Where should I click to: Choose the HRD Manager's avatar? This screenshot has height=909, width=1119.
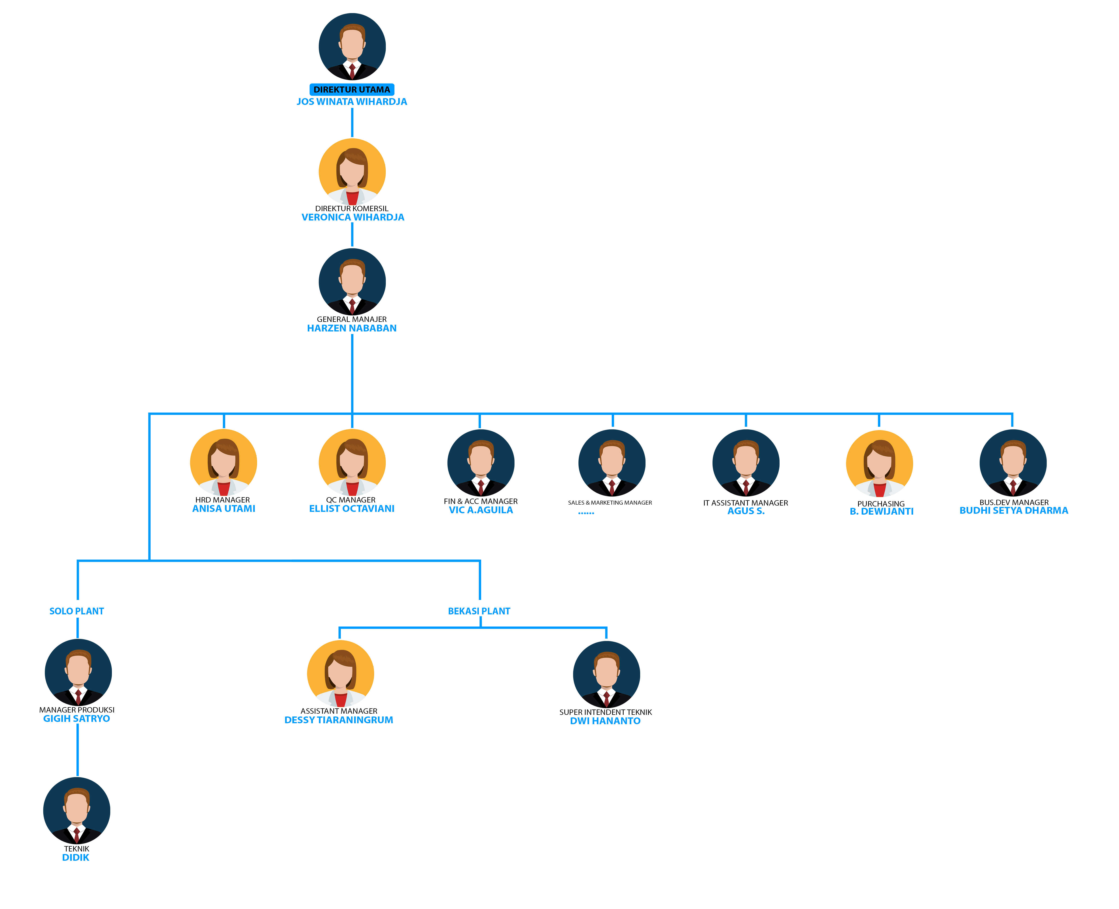pyautogui.click(x=224, y=462)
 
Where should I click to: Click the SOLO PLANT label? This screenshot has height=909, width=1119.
pyautogui.click(x=76, y=611)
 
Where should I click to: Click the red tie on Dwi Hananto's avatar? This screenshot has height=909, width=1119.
pyautogui.click(x=606, y=699)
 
